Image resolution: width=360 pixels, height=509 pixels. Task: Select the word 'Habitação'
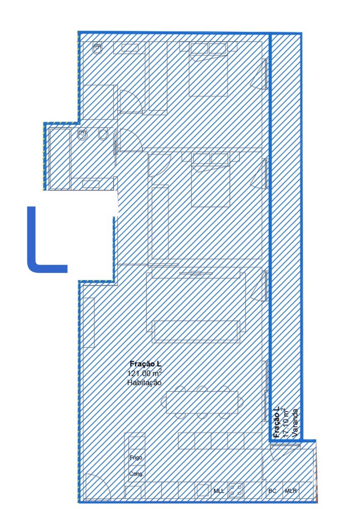tap(144, 382)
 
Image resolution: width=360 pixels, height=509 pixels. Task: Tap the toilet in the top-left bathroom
tap(97, 48)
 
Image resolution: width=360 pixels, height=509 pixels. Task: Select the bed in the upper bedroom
tap(208, 69)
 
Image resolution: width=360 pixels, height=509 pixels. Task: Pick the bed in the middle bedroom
tap(210, 180)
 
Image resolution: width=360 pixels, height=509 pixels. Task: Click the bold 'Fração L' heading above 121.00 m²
tap(146, 364)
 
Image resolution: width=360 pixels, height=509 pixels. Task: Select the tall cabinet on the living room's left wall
tap(89, 322)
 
